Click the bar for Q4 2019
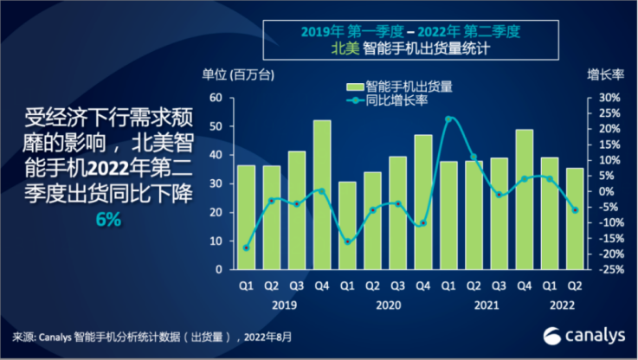point(322,195)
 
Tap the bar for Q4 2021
point(524,199)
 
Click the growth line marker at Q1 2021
point(448,119)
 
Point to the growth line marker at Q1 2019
point(247,247)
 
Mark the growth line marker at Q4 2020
point(423,223)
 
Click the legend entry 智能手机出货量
point(399,87)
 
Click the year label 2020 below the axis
point(385,305)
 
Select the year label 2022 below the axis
point(562,305)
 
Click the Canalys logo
point(578,335)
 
